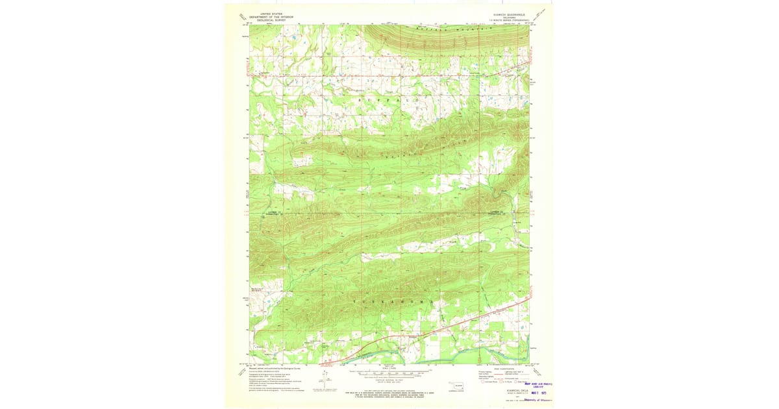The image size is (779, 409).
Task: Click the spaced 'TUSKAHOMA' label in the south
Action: click(x=389, y=303)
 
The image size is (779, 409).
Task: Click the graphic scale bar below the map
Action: click(x=389, y=374)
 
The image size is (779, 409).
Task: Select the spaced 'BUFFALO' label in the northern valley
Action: click(x=389, y=102)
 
